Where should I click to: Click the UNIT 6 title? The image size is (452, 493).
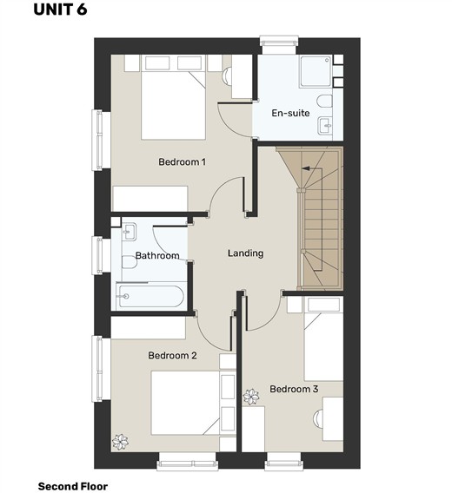click(60, 10)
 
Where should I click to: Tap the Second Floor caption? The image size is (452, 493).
click(73, 486)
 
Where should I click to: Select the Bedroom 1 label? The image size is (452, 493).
click(182, 162)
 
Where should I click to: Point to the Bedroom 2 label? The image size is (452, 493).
click(172, 355)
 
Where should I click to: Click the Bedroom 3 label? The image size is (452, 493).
click(294, 389)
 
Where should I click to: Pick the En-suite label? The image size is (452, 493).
click(290, 113)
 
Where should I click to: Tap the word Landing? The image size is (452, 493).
click(246, 253)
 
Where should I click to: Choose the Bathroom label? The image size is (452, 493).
click(157, 255)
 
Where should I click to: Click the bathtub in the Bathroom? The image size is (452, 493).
click(150, 296)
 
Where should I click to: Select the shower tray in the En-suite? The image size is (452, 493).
click(316, 71)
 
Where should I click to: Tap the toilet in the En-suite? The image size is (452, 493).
click(325, 102)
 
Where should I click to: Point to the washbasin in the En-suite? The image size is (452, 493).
click(325, 126)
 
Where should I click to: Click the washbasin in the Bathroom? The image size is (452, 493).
click(129, 232)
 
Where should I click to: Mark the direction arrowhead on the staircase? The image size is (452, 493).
click(305, 168)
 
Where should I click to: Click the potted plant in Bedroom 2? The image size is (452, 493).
click(120, 442)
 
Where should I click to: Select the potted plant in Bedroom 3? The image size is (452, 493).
click(251, 397)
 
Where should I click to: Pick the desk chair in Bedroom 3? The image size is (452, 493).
click(318, 418)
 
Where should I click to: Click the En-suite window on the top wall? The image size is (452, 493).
click(279, 41)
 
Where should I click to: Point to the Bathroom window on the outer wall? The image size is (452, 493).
click(97, 255)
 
